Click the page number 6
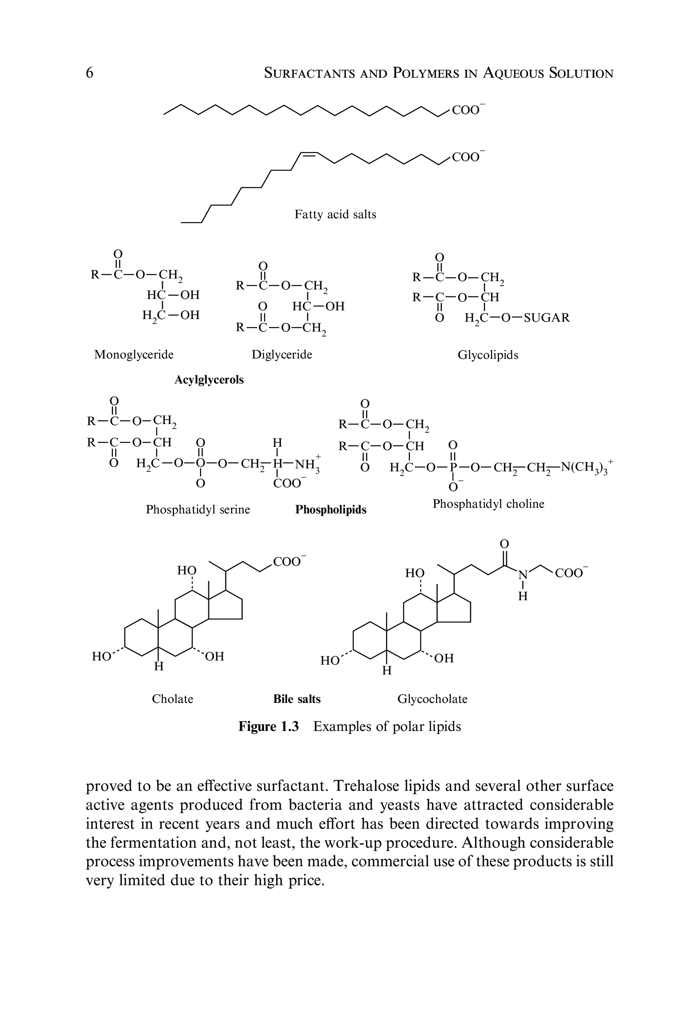(x=90, y=73)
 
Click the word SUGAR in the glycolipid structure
(x=546, y=318)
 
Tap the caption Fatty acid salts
(x=335, y=214)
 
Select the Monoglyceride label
(x=134, y=355)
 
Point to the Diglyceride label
(x=282, y=355)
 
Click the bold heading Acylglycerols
(x=209, y=380)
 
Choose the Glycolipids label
(x=488, y=355)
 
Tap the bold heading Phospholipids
(x=331, y=510)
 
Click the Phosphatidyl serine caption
(x=198, y=509)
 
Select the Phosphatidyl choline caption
(x=488, y=504)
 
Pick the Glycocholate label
(x=432, y=699)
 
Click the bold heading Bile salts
(x=297, y=699)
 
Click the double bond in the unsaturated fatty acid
(x=309, y=155)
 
